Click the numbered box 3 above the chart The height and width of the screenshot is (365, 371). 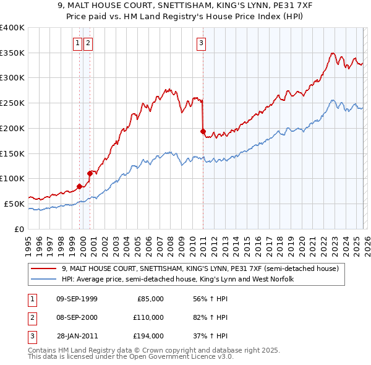tap(202, 43)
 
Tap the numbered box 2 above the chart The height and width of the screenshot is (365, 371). tap(88, 43)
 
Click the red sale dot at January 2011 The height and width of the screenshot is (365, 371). tap(203, 131)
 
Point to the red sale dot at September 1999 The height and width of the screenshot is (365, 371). tap(79, 186)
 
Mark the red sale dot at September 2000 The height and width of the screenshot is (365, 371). tap(90, 173)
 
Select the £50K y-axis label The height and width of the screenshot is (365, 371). tap(14, 204)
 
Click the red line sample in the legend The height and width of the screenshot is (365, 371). tap(44, 269)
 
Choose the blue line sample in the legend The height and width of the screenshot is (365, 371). tap(44, 280)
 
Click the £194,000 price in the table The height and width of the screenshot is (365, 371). tap(148, 336)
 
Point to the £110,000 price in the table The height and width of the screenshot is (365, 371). tap(148, 317)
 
